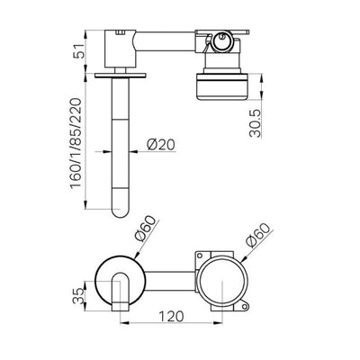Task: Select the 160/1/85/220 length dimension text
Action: (76, 143)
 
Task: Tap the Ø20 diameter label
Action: (160, 145)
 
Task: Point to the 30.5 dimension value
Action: (256, 123)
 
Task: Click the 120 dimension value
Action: (171, 316)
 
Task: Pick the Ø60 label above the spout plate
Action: (146, 229)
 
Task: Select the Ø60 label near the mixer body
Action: (259, 236)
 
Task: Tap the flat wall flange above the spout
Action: (121, 76)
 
